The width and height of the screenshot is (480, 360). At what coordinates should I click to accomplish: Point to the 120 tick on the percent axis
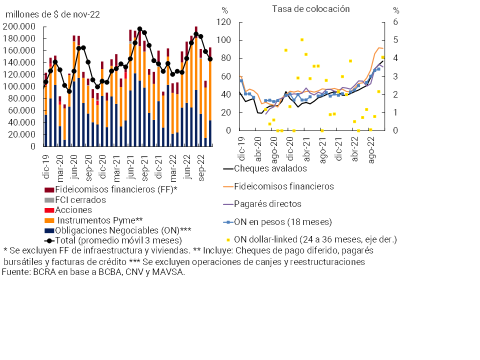tap(224, 22)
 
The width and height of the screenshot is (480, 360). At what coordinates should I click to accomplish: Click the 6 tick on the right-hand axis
tap(396, 22)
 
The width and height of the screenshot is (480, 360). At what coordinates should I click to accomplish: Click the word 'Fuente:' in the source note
tap(16, 272)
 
